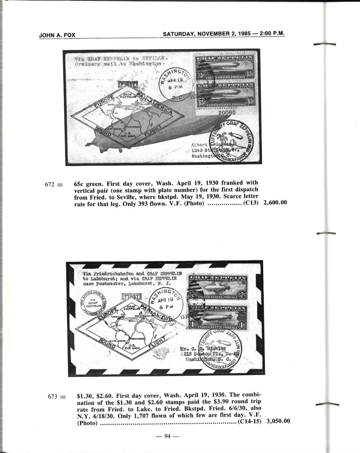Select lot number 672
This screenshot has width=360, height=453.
(x=50, y=185)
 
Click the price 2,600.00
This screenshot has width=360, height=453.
(x=275, y=203)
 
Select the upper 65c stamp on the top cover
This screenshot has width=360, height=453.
(x=225, y=70)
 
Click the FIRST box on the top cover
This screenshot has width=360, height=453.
(x=127, y=84)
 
